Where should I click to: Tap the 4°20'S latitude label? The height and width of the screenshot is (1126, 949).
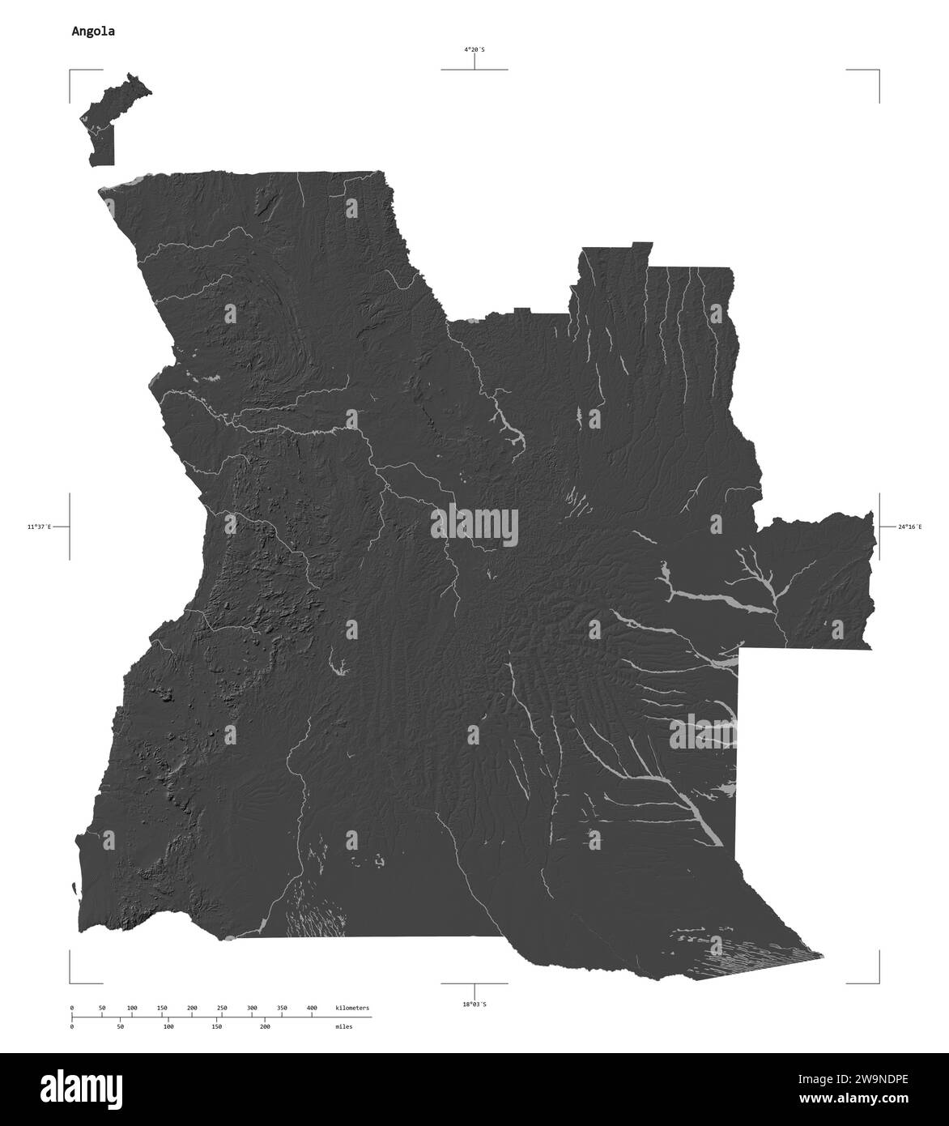(474, 49)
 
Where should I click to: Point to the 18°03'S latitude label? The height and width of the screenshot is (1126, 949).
(474, 1004)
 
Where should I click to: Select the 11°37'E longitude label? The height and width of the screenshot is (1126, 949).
(38, 527)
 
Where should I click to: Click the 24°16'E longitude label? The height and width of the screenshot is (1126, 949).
(911, 527)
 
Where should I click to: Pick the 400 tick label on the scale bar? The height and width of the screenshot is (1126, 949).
(311, 1008)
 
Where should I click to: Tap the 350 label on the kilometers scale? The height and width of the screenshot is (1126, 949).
(282, 1008)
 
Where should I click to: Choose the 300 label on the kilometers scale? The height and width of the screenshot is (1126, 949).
(252, 1008)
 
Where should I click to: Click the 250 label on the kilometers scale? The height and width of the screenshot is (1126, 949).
(222, 1008)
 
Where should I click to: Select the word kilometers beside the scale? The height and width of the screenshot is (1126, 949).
(352, 1008)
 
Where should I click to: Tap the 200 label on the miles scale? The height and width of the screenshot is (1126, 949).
(265, 1026)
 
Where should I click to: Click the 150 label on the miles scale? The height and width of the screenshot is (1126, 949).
(216, 1026)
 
